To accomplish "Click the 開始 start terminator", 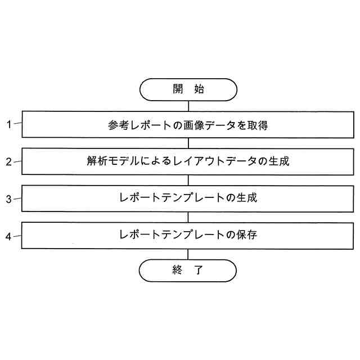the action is click(x=188, y=89).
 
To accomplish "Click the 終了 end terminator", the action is click(x=188, y=270).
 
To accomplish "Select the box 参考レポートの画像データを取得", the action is click(x=188, y=125).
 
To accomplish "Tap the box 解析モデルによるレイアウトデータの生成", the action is click(x=188, y=161).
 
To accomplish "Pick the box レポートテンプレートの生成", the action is click(x=188, y=198).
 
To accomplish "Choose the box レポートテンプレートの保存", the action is click(x=188, y=235).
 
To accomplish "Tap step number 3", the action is click(x=9, y=199).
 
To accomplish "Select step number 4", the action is click(x=9, y=236).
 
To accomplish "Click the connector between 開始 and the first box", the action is click(x=188, y=106).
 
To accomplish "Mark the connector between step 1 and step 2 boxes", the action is click(x=188, y=143).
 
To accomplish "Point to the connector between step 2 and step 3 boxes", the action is click(x=188, y=180).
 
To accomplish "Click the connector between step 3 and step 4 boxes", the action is click(x=188, y=217).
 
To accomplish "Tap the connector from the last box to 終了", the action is click(x=188, y=253).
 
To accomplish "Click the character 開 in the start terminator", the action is click(x=178, y=89).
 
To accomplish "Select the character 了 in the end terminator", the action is click(x=199, y=270).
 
